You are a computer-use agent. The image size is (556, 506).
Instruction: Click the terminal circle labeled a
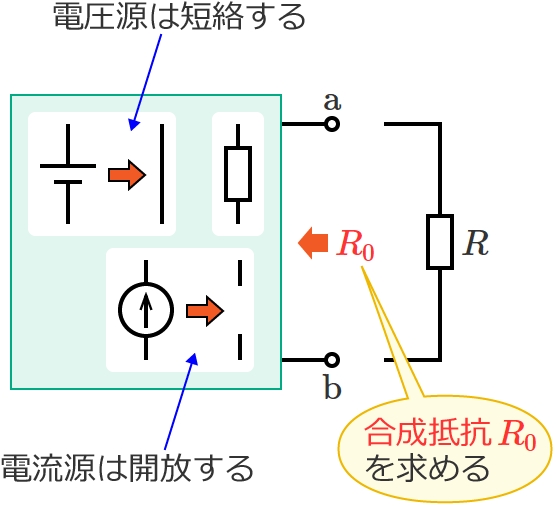(332, 124)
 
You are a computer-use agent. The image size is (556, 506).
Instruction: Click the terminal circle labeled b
(332, 360)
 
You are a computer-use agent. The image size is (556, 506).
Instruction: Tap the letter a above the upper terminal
(332, 102)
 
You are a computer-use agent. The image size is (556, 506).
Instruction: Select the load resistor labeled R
(440, 242)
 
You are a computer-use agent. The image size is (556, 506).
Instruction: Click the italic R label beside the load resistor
(476, 243)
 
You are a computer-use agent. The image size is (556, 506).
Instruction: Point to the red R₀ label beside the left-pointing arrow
(355, 245)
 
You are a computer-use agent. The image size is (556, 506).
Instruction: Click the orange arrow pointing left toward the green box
(313, 243)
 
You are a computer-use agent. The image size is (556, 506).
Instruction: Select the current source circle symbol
(146, 310)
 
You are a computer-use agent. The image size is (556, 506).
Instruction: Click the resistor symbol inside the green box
(238, 174)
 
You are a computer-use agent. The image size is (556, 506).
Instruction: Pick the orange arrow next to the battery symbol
(127, 175)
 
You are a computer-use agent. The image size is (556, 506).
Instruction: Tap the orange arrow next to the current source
(205, 311)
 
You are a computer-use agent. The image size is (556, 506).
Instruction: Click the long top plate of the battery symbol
(68, 166)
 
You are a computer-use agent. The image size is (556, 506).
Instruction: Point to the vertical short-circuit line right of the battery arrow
(162, 174)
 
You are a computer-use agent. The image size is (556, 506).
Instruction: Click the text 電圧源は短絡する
(179, 17)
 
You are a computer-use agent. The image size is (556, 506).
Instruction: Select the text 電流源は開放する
(128, 468)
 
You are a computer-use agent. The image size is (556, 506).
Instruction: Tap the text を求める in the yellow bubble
(427, 468)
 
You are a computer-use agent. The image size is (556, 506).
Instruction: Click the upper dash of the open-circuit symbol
(240, 273)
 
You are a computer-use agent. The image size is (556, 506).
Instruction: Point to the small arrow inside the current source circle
(146, 311)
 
